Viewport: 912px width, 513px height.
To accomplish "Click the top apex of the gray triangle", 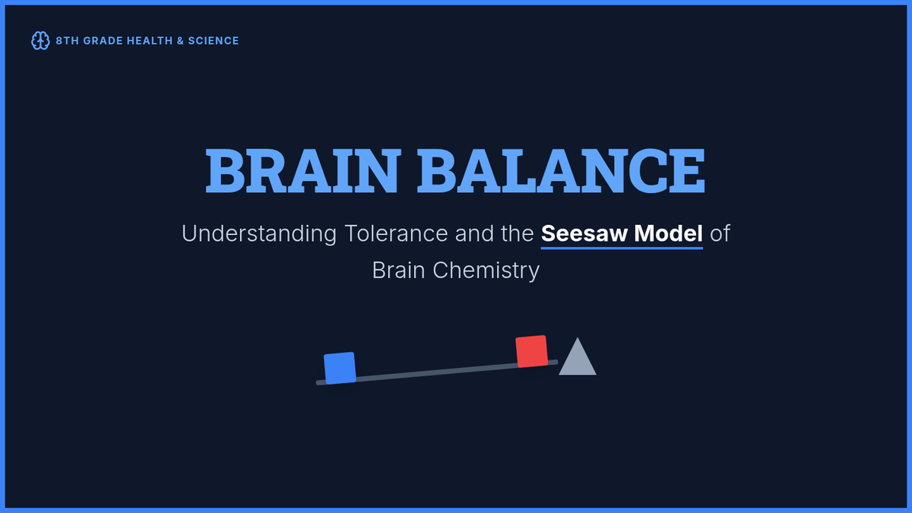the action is [x=578, y=337].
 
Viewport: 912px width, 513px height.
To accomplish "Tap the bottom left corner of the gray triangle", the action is [x=559, y=375].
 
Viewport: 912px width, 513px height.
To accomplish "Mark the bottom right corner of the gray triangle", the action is [x=597, y=375].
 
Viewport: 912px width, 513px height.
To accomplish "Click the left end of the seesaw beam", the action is [x=317, y=383].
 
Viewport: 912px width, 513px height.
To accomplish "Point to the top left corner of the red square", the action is [x=516, y=338].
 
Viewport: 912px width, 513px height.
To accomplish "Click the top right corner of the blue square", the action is [x=353, y=353].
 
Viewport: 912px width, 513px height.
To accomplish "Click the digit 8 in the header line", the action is [x=59, y=41].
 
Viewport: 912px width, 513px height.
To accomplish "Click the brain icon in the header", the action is [x=40, y=41].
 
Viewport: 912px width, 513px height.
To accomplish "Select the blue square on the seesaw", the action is [x=340, y=368].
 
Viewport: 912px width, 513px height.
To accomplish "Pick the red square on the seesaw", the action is [x=532, y=351].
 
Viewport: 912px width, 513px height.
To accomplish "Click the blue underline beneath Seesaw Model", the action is [x=622, y=248].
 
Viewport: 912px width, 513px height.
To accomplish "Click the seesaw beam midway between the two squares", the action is [x=436, y=372].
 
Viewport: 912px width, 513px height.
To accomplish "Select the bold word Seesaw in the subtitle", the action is [x=584, y=233].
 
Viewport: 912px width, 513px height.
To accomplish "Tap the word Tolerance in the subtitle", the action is [x=396, y=233].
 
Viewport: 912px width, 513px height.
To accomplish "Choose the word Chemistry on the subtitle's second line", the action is [x=486, y=271].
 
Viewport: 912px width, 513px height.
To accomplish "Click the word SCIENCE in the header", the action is [x=214, y=41].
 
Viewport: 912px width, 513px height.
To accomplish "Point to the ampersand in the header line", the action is [x=180, y=41].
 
